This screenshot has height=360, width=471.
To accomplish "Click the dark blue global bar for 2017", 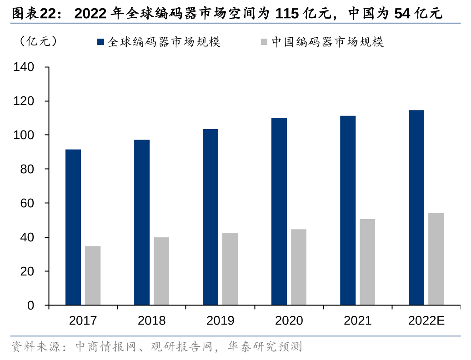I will pos(73,227).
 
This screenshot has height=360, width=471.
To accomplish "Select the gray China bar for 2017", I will pos(93,275).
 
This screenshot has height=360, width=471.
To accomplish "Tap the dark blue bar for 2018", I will pos(142,222).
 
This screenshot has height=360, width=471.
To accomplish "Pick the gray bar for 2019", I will pos(230,269).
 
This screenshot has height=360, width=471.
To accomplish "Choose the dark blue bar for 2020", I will pos(279,211).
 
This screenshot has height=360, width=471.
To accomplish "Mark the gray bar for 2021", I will pos(367,262).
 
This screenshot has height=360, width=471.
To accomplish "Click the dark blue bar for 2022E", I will pos(416,208).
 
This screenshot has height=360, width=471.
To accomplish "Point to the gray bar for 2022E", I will pos(436,259).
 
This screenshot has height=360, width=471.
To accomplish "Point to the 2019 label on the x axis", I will pos(220,321).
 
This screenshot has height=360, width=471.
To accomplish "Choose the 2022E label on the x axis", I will pos(426,321).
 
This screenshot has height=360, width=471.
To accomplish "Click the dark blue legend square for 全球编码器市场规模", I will pos(101,42).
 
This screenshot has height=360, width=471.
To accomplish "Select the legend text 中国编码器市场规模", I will pos(328,42).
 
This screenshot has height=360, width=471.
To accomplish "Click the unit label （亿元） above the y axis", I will pos(38,41).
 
